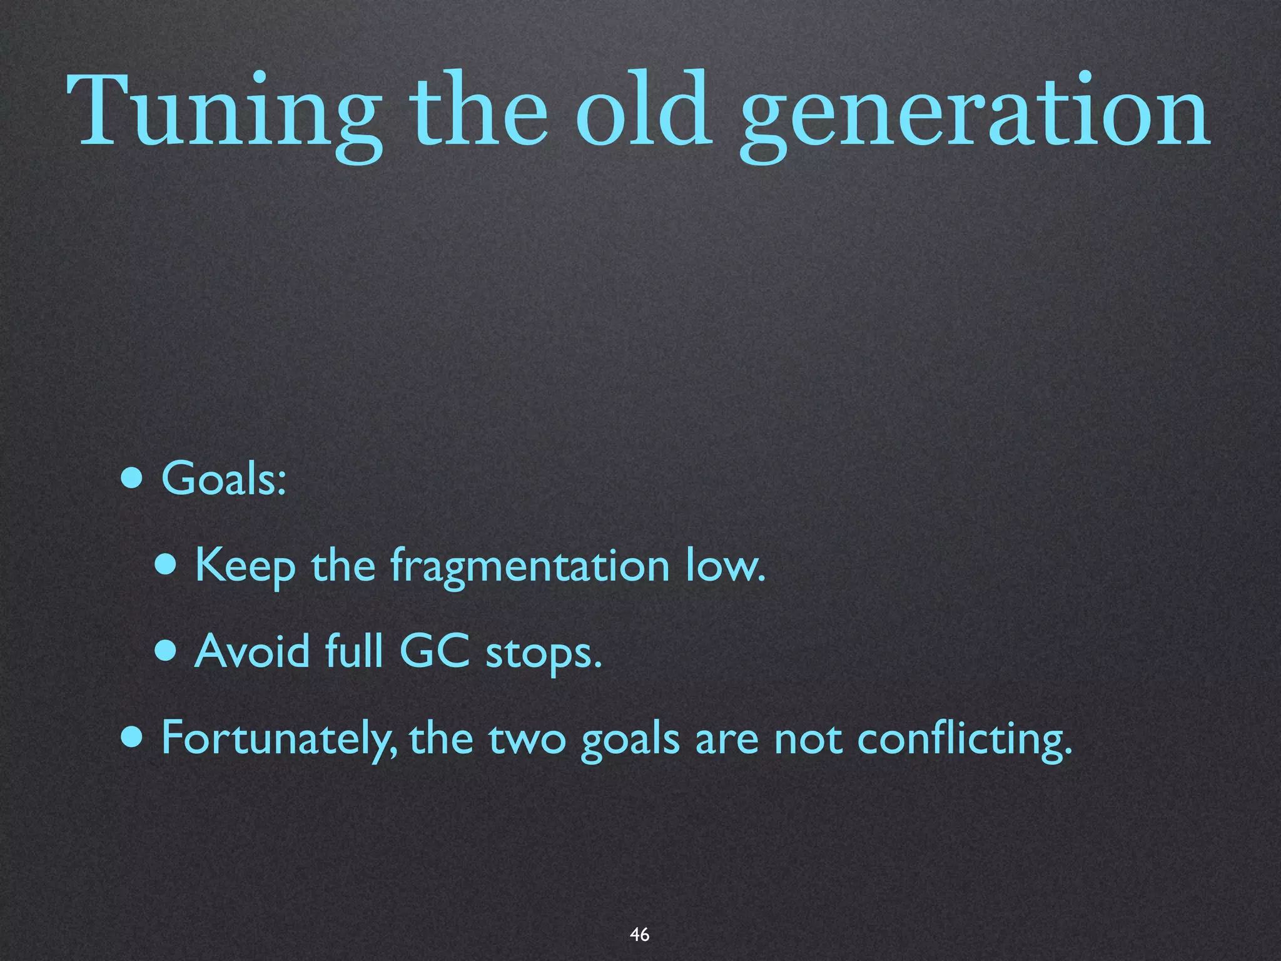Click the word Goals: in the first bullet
tap(224, 479)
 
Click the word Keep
tap(245, 566)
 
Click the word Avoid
tap(251, 651)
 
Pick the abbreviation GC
tap(434, 651)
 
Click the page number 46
tap(639, 934)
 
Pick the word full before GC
tap(354, 651)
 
